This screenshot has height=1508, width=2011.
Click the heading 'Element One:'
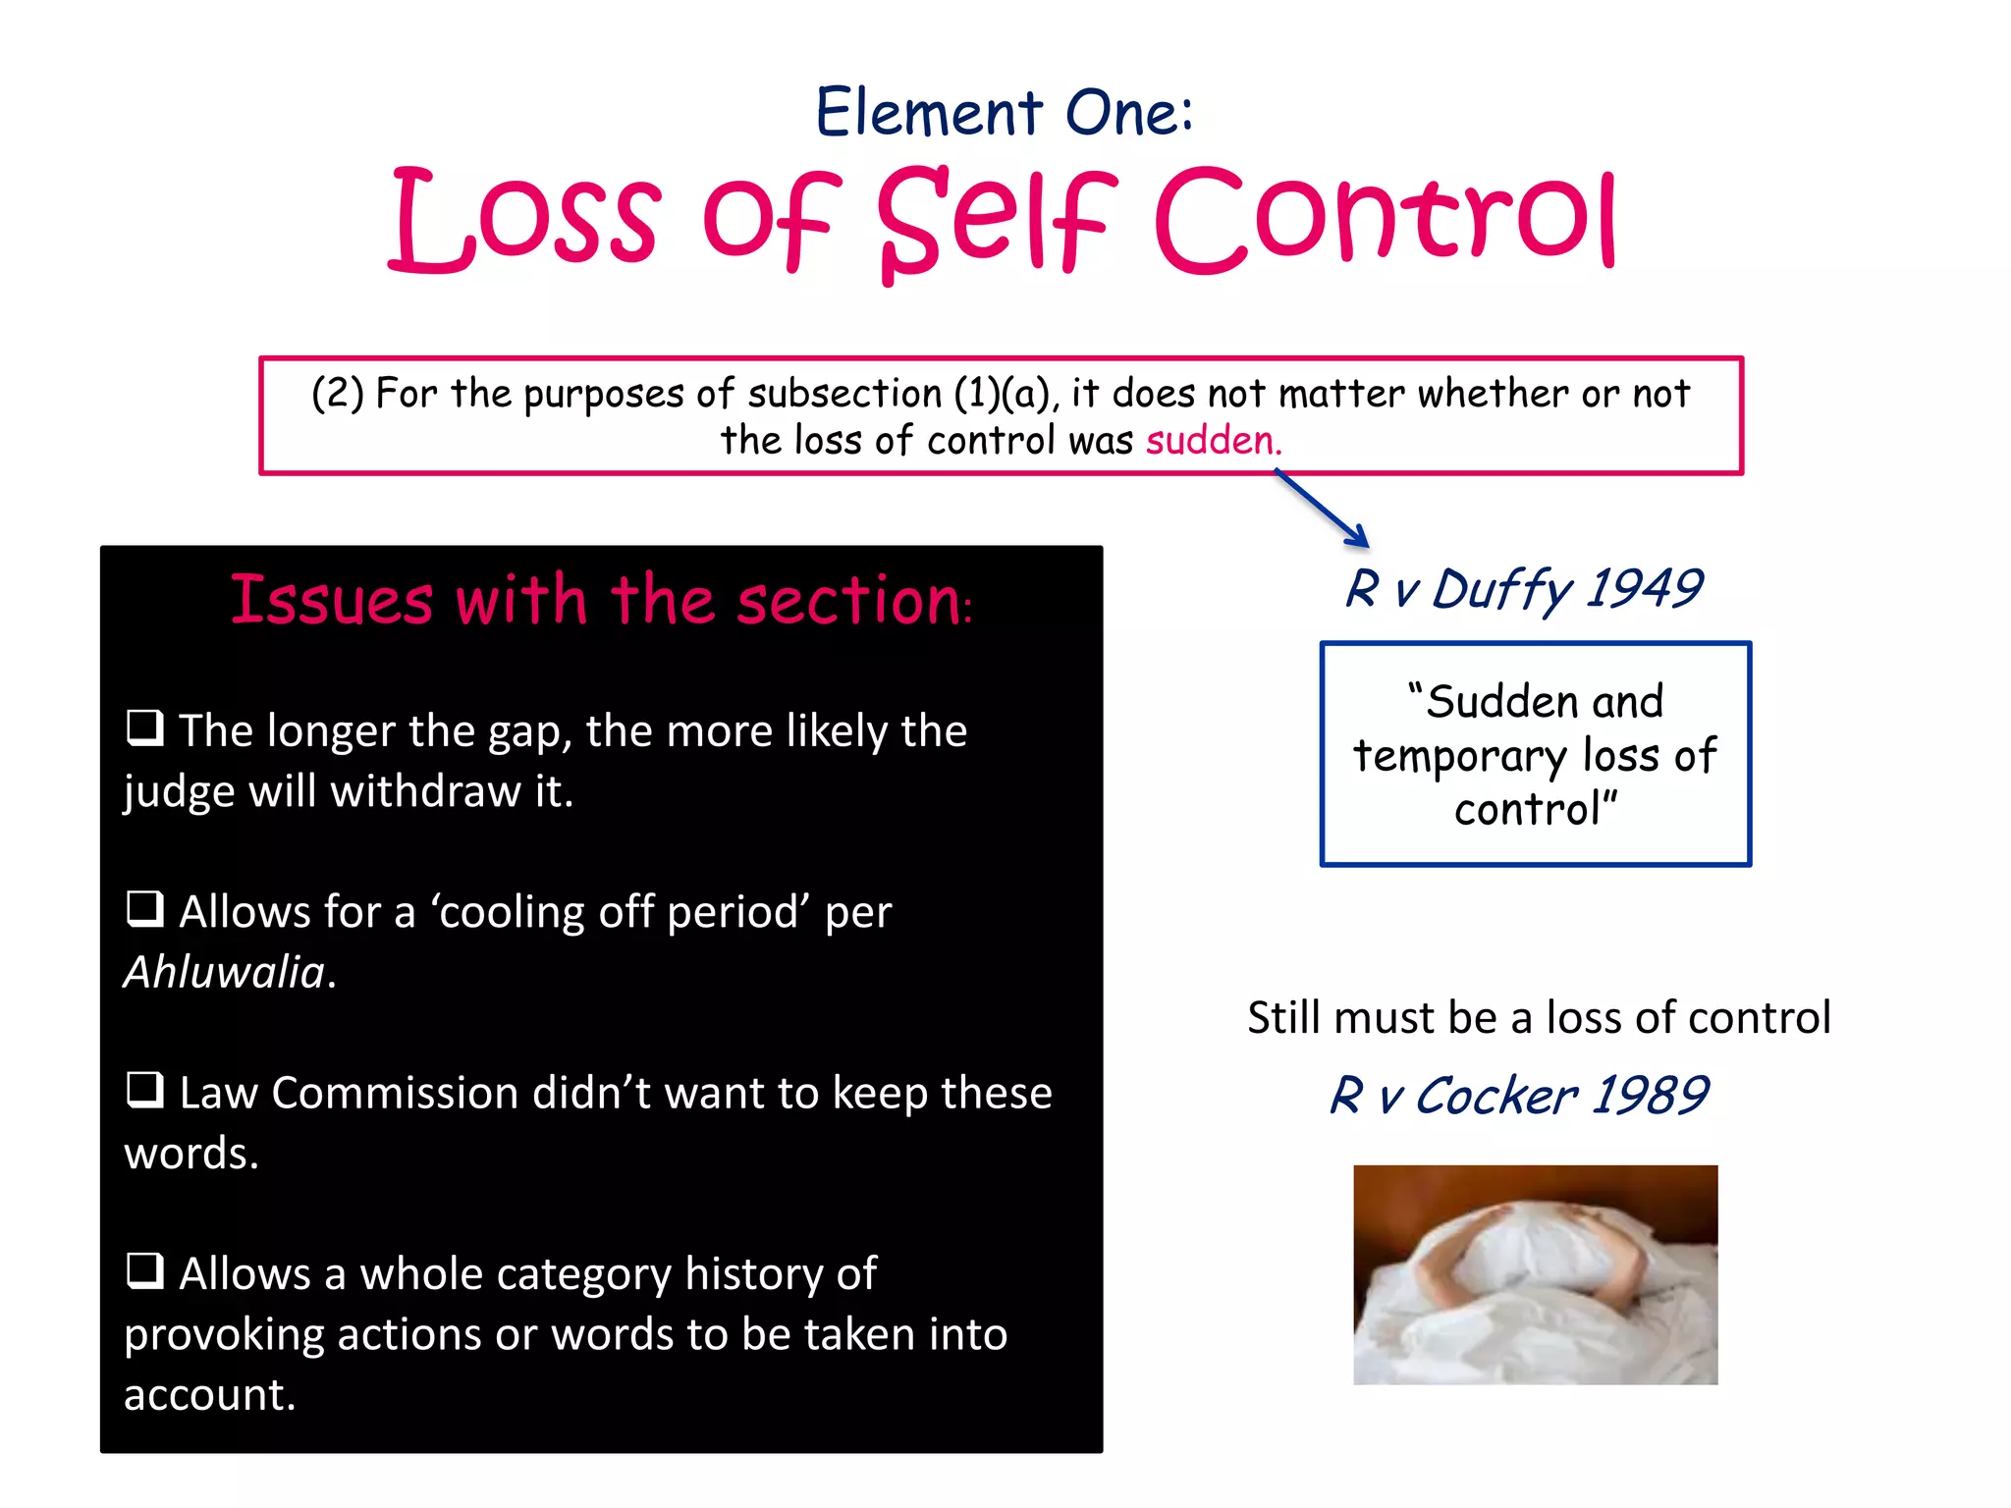pos(1004,112)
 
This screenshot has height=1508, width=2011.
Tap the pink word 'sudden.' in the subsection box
pos(1214,441)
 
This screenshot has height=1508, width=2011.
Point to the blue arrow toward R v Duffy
pos(1322,508)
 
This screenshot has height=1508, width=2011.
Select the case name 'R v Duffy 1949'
pos(1523,589)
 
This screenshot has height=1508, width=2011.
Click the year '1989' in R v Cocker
pos(1650,1095)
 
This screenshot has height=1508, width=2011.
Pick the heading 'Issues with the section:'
pos(601,600)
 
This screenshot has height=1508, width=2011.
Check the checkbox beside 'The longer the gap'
pos(145,728)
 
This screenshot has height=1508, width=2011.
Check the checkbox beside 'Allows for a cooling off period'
pos(145,909)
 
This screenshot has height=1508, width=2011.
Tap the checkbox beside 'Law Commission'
pos(145,1090)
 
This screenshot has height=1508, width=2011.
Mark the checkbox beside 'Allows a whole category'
pos(145,1270)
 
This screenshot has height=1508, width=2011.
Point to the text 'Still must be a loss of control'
pos(1539,1017)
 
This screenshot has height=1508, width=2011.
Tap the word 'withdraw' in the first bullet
pos(425,791)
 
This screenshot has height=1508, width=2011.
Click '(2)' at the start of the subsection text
pos(337,394)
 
